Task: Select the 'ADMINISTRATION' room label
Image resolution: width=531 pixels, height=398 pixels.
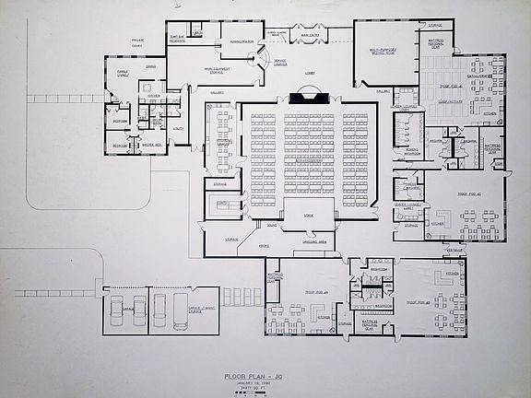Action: click(x=241, y=41)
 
